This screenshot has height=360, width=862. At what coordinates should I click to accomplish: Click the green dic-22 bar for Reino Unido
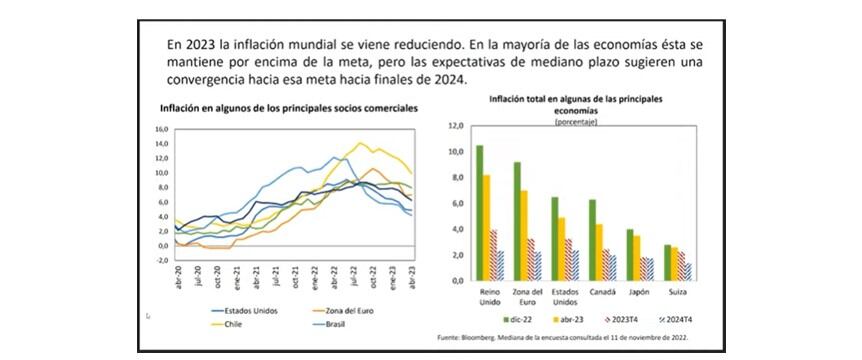[x=480, y=213]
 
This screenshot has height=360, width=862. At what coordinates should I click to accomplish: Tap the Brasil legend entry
[x=342, y=324]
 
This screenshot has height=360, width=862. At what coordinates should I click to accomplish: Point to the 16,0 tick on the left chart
[x=159, y=130]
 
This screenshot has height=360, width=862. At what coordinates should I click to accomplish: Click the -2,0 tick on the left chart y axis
[x=159, y=260]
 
